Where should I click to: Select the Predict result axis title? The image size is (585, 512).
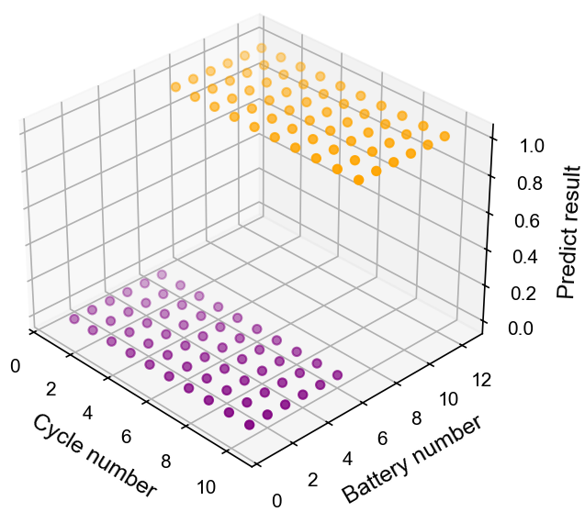[568, 231]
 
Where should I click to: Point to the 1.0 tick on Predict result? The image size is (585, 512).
[523, 145]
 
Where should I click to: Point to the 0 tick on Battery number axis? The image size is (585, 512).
[276, 499]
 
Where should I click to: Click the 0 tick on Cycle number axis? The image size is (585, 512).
[16, 366]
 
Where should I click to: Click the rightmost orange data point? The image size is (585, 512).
[444, 137]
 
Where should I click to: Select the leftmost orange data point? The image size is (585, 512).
[174, 87]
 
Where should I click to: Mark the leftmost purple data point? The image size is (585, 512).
[74, 319]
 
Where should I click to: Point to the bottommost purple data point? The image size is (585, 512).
[249, 424]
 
